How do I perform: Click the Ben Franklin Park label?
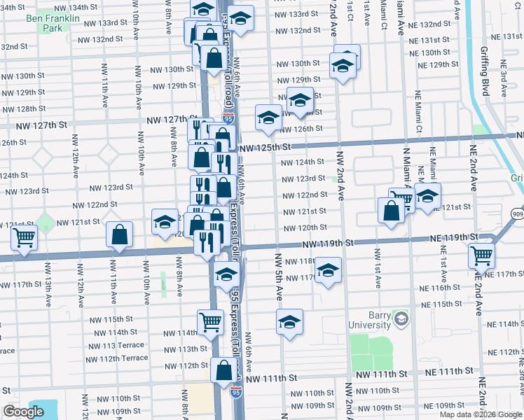coord(43,24)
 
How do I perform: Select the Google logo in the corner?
coord(23,412)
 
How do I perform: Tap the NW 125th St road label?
coord(264,148)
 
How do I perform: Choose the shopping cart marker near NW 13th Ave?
coord(25,239)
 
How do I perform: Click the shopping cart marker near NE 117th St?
coord(481,256)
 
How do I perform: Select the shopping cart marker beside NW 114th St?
coord(210,322)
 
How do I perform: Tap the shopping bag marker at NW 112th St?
coord(223,370)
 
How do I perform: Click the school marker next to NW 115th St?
coord(289,322)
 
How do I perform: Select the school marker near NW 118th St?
coord(327,270)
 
